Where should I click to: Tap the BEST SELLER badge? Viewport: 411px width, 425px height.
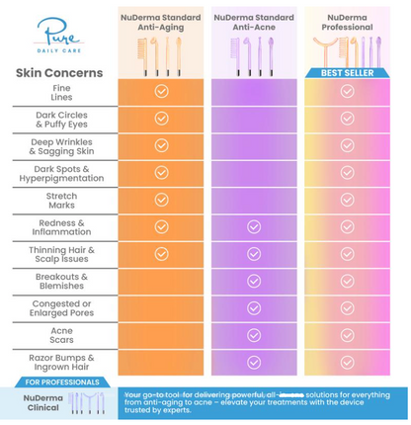coord(347,72)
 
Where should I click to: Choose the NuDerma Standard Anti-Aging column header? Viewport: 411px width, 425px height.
coord(161,22)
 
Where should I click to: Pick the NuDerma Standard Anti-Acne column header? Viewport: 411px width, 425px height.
coord(254,22)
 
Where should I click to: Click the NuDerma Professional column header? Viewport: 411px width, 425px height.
coord(347,17)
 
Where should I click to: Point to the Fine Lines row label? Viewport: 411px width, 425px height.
coord(61,91)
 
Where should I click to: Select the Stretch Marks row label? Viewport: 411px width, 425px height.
coord(61,200)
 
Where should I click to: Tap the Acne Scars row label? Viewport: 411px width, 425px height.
coord(61,335)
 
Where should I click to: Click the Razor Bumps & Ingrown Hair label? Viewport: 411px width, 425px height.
coord(61,362)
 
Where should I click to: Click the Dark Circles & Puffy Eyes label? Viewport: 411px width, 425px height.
coord(61,119)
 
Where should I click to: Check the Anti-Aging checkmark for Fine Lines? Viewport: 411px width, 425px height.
coord(161,91)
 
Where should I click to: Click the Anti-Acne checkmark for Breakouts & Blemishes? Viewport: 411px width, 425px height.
coord(254,281)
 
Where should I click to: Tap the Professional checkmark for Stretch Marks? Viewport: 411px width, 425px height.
coord(347,200)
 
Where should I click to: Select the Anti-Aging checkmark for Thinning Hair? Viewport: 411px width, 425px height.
coord(161,254)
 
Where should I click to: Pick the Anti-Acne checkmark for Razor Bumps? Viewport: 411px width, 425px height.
coord(254,362)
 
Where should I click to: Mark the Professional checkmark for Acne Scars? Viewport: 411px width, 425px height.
coord(347,335)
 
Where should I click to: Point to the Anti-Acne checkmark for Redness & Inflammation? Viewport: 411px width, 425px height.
coord(254,226)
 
